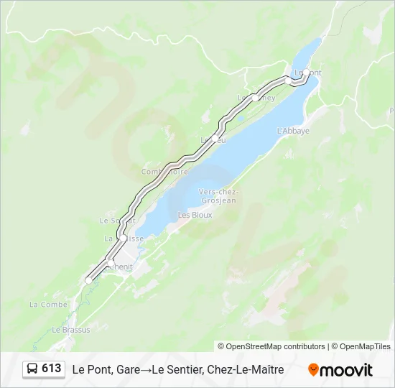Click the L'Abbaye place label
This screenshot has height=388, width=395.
292,131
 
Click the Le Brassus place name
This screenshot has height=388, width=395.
71,330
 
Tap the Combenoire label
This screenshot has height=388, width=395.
164,172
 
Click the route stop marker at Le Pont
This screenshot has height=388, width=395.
306,73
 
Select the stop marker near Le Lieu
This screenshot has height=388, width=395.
214,138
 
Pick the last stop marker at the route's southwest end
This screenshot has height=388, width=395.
88,280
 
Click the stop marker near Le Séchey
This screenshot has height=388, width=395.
255,98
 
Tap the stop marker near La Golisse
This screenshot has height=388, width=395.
124,238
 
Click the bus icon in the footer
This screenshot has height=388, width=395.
32,369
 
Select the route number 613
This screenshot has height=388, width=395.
52,369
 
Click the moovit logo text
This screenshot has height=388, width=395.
346,370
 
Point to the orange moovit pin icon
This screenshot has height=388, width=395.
313,370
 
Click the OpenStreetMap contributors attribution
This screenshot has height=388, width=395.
276,346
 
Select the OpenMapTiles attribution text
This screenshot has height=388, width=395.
365,346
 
